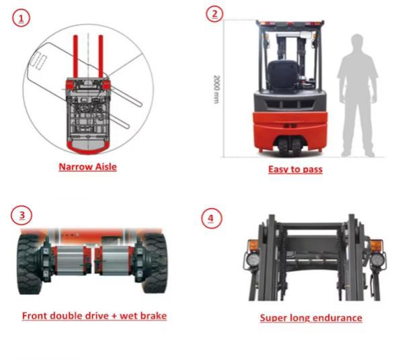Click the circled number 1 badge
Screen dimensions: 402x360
21,18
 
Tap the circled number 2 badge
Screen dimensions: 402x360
214,13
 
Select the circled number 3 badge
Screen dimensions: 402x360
22,215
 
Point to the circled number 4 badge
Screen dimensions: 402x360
211,218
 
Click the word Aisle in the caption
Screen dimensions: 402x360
106,167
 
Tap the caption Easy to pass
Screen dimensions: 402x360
295,169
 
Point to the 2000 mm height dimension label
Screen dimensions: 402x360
216,89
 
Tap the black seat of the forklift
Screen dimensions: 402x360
283,75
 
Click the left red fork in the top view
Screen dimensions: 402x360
75,56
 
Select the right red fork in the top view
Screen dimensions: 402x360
101,56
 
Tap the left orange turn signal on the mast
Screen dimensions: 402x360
253,246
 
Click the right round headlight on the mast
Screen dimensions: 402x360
376,259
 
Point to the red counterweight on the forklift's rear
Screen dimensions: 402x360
290,131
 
